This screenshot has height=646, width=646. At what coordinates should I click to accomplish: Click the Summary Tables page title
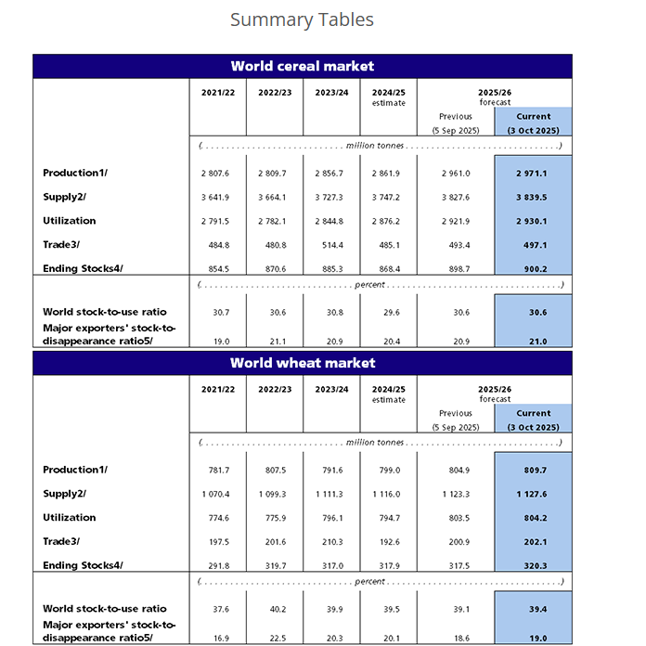point(302,19)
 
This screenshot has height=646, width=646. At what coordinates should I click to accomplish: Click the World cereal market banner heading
point(302,66)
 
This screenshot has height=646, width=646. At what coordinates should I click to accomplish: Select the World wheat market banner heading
point(302,362)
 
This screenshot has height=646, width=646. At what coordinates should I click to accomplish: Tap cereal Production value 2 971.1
point(533,174)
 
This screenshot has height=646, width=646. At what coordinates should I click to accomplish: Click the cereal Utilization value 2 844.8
point(331,222)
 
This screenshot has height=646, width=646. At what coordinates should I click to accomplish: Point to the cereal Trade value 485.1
point(388,245)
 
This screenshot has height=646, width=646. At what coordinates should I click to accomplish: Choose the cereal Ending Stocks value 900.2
point(533,269)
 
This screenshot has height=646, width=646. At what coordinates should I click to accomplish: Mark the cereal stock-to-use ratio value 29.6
point(388,313)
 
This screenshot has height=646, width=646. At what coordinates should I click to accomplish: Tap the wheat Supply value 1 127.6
point(533,494)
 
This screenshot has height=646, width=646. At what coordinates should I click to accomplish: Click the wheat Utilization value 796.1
point(331,518)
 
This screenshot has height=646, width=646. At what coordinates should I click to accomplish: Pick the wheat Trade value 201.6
point(274,542)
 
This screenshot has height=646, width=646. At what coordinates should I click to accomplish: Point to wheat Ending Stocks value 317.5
point(455,566)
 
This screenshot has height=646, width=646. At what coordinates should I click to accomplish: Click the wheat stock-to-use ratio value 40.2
point(274,610)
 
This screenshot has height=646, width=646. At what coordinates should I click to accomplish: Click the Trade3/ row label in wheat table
point(61,541)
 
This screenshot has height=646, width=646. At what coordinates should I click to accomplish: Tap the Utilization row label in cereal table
point(70,221)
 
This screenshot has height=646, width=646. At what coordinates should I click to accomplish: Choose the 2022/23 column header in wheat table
point(274,389)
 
